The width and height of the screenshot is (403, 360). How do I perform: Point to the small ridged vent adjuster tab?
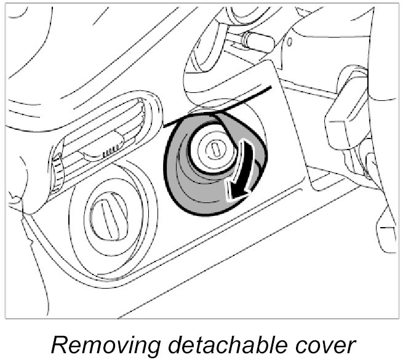pos(111,149)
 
